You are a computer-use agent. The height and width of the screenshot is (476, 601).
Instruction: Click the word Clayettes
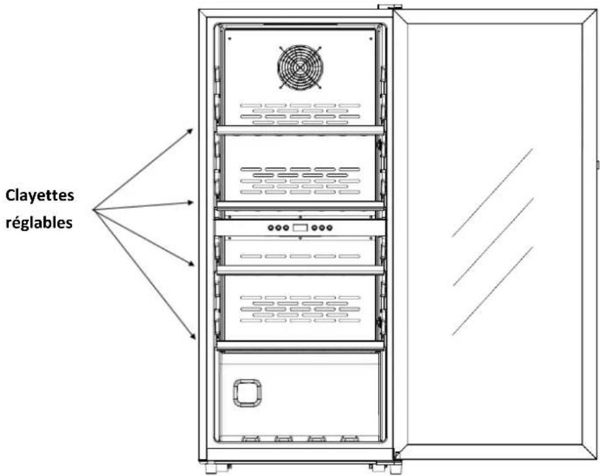pos(40,196)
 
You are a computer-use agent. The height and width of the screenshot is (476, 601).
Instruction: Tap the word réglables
pos(39,222)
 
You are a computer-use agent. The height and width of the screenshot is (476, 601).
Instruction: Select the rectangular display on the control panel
pos(300,228)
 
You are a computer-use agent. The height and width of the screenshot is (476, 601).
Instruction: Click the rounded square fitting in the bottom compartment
pos(247,393)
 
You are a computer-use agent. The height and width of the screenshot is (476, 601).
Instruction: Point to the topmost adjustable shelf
pos(300,130)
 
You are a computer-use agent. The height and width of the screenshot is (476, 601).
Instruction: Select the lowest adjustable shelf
pos(300,345)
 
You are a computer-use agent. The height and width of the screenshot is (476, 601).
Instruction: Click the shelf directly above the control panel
pos(300,205)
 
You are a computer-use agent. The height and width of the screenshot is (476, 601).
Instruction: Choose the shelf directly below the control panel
pos(300,269)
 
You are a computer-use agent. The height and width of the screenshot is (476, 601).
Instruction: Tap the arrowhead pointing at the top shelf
pos(189,132)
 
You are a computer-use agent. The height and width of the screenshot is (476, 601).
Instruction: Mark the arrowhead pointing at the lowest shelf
pos(193,336)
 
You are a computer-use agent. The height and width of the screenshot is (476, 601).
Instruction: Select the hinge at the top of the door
pos(390,7)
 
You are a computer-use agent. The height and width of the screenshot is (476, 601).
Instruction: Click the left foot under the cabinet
pos(211,468)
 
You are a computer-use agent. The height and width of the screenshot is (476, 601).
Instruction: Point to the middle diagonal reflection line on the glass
pos(493,242)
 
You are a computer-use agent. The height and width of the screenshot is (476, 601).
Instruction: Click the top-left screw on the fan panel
pos(230,38)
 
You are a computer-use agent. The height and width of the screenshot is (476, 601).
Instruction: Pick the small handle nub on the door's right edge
pos(598,165)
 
